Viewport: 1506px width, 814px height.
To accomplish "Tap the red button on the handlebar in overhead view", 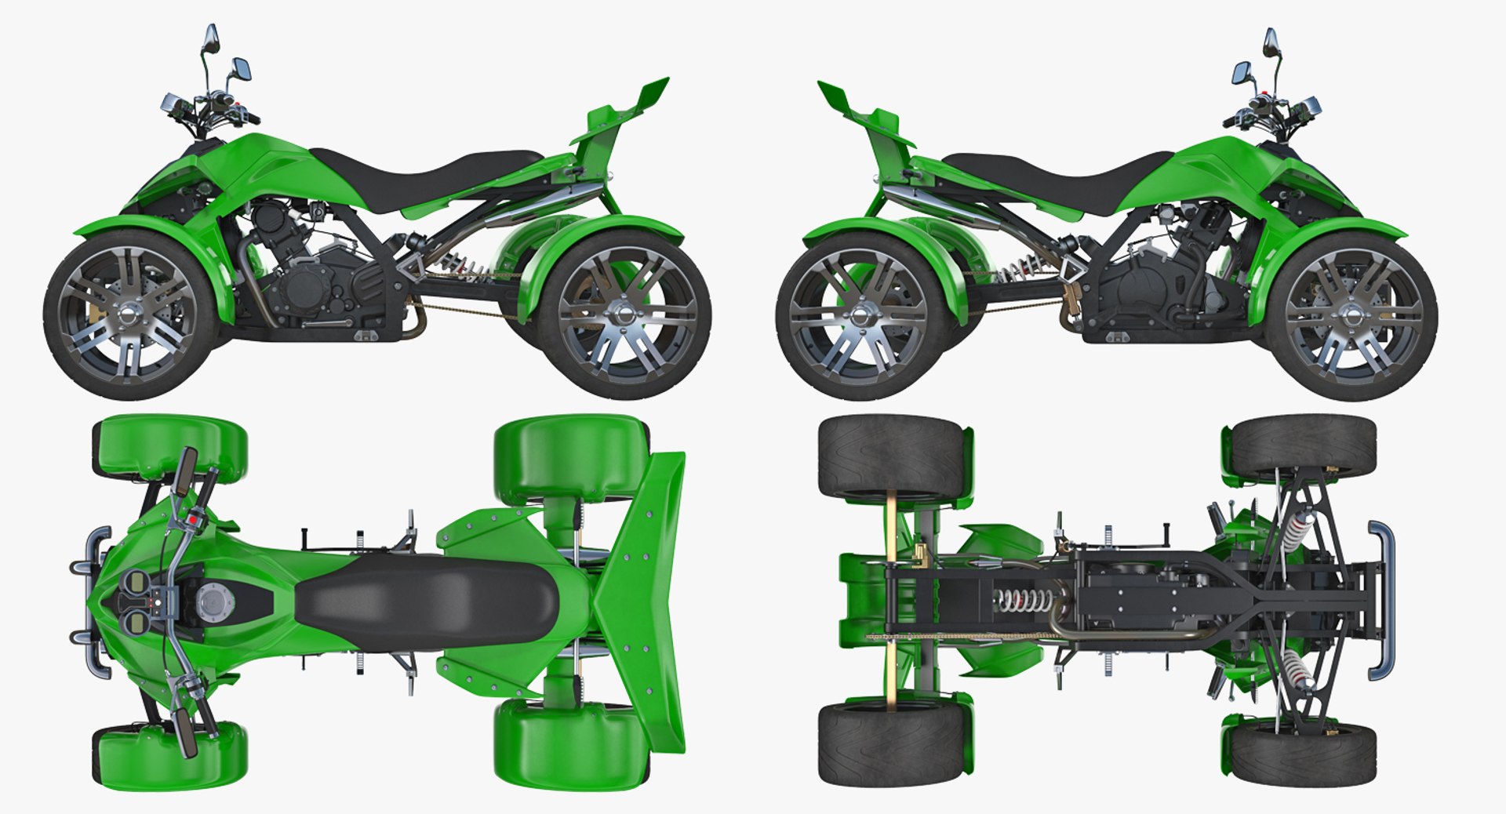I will (x=192, y=519).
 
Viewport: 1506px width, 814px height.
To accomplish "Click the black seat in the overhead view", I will (x=427, y=602).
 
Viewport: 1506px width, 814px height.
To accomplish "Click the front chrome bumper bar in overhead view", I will (x=96, y=602).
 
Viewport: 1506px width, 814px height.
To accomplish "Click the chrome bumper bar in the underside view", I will (x=1385, y=602).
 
